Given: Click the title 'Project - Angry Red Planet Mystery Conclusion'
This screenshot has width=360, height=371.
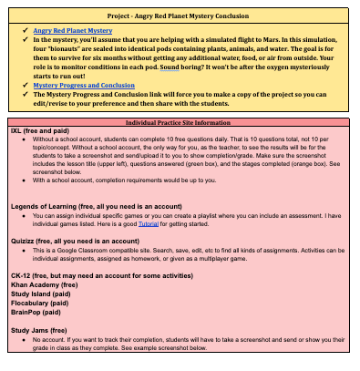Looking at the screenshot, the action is tap(180, 15).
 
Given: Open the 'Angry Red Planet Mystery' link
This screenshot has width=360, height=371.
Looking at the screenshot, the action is tap(70, 31).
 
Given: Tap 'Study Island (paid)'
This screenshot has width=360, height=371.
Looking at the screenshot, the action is tap(39, 294).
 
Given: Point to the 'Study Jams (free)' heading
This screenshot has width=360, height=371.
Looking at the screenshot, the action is tap(39, 330).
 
